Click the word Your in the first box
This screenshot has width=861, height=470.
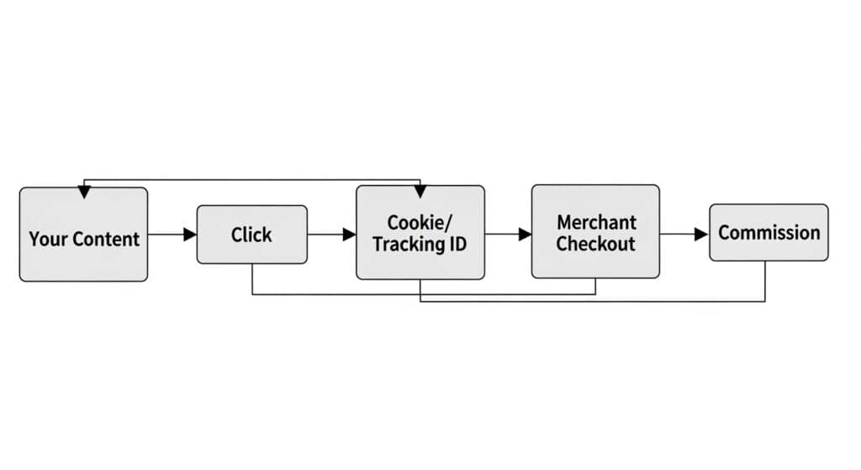coord(46,239)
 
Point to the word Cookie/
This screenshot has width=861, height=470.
coord(420,223)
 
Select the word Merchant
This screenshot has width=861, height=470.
coord(596,223)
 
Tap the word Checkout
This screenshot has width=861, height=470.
coord(596,245)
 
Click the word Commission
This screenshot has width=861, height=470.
coord(769,233)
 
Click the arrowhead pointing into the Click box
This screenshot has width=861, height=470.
coord(190,235)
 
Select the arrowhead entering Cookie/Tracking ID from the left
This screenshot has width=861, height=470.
coord(350,235)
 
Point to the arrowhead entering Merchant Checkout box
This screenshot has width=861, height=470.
coord(525,235)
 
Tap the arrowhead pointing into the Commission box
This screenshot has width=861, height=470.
coord(701,235)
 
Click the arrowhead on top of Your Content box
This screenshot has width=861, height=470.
coord(83,193)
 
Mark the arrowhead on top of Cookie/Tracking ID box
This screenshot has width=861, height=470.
coord(420,191)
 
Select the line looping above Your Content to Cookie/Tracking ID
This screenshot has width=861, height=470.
coord(252,180)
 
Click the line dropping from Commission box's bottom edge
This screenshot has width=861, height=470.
coord(765,281)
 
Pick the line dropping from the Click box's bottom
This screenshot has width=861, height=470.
coord(253,279)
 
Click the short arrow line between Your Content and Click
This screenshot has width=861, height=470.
coord(166,235)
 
